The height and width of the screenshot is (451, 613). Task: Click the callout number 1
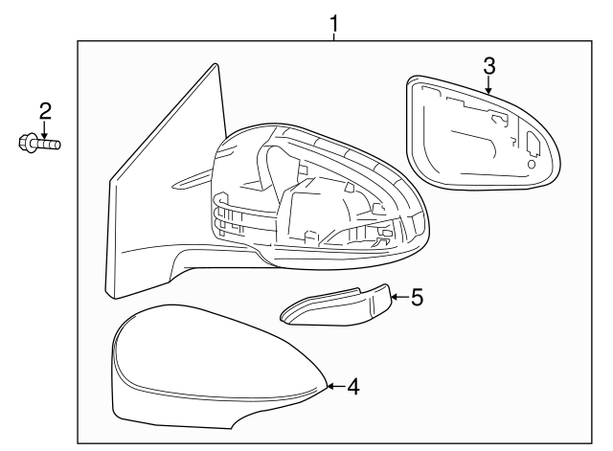(333, 23)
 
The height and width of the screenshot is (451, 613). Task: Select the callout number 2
(45, 111)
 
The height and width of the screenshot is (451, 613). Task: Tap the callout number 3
(489, 66)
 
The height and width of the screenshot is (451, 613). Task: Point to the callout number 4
(353, 386)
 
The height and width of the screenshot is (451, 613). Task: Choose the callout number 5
(418, 297)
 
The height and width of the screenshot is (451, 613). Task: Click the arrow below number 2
(45, 130)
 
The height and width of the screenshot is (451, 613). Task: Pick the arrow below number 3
(488, 85)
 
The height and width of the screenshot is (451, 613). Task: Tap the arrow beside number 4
(336, 386)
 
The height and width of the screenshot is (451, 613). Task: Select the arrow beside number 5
(400, 297)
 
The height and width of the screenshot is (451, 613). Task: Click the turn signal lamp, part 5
(336, 304)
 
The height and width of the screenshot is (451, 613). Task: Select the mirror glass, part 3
(483, 133)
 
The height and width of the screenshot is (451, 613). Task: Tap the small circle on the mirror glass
(532, 164)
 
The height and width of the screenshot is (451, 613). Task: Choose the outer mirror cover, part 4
(219, 368)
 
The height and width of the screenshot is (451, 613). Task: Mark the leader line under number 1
(333, 37)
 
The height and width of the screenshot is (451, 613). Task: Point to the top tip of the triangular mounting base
(216, 64)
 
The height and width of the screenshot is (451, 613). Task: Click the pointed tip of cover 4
(327, 386)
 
